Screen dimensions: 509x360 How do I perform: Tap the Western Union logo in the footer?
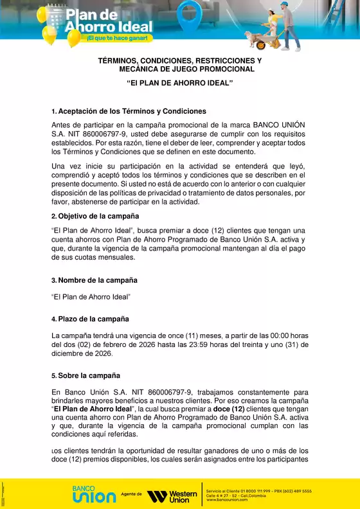(x=172, y=496)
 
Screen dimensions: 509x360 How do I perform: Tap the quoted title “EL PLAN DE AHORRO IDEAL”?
(x=180, y=84)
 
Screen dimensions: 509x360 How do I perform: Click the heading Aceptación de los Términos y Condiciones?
(x=132, y=111)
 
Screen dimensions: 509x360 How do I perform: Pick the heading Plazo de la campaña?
(x=93, y=319)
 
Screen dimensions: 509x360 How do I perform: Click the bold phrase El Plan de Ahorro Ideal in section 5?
(x=92, y=409)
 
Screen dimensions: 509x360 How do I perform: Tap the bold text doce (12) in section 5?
(x=229, y=409)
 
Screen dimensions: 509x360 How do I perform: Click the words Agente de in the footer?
(x=131, y=496)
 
